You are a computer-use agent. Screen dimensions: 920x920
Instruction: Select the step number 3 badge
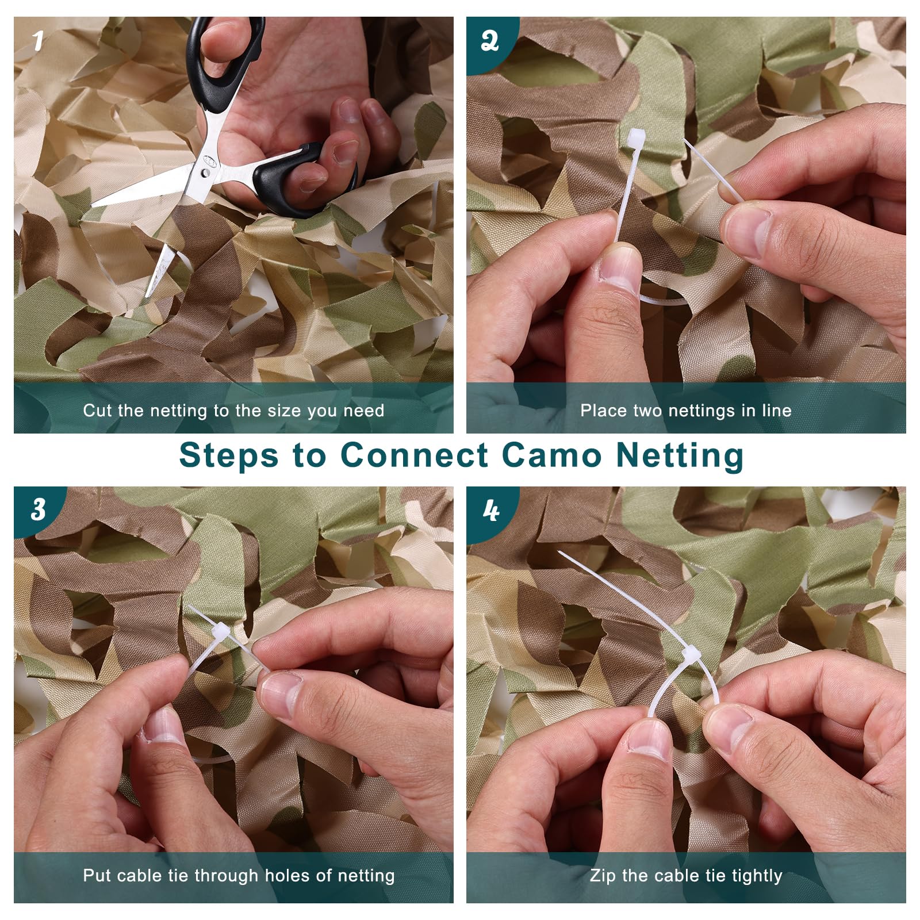coord(38,510)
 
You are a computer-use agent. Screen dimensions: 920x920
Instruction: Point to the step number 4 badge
coord(490,511)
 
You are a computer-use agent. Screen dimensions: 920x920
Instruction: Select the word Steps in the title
coord(229,457)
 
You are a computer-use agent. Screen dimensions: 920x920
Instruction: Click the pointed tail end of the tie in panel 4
coord(559,552)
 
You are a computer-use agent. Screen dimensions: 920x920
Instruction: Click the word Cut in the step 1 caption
coord(97,411)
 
